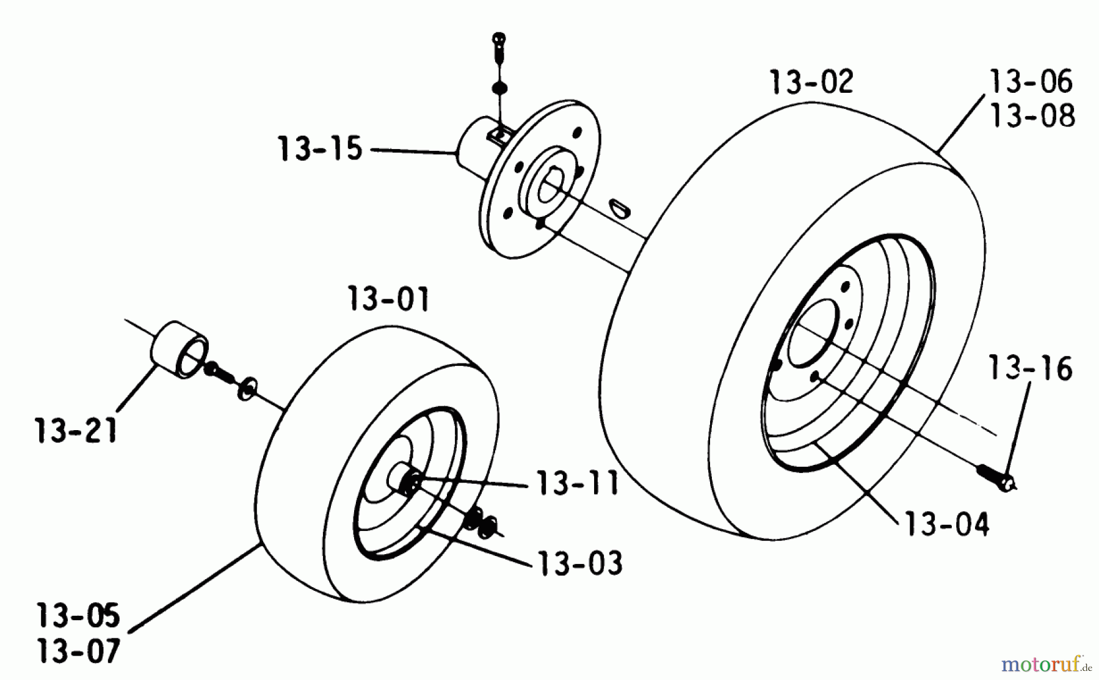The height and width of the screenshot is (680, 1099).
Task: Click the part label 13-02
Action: pyautogui.click(x=811, y=82)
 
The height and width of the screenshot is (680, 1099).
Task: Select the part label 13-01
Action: pyautogui.click(x=388, y=299)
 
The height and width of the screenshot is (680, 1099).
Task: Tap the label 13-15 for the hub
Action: pyautogui.click(x=320, y=149)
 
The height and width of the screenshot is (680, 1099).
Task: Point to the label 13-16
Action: pyautogui.click(x=1030, y=369)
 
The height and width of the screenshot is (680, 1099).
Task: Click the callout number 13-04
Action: pyautogui.click(x=946, y=524)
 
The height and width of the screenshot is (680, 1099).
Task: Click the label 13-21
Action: pyautogui.click(x=76, y=431)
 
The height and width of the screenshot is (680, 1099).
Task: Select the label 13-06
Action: pyautogui.click(x=1031, y=81)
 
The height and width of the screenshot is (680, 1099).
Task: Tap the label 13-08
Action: pyautogui.click(x=1032, y=115)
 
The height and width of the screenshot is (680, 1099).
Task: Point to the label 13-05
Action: pyautogui.click(x=78, y=616)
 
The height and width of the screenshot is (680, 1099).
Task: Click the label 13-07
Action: pyautogui.click(x=78, y=651)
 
